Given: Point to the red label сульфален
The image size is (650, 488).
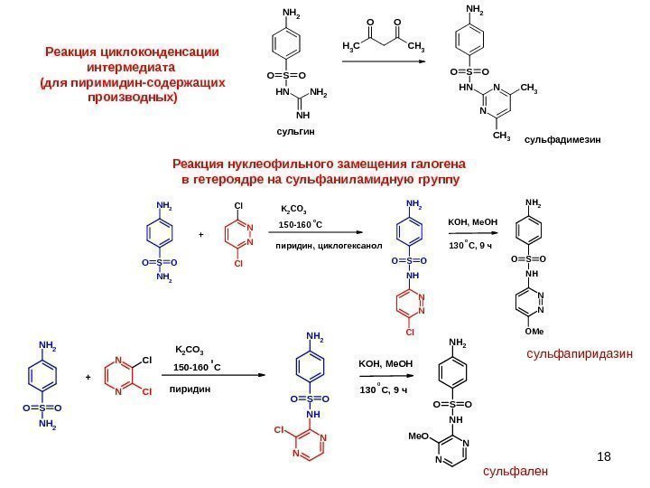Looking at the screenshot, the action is (x=515, y=471).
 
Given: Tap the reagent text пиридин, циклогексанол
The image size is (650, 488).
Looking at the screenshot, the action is (x=329, y=245).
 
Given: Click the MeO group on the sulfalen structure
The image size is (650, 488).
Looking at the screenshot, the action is (x=418, y=436).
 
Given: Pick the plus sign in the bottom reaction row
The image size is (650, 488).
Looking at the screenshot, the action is (x=88, y=378).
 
